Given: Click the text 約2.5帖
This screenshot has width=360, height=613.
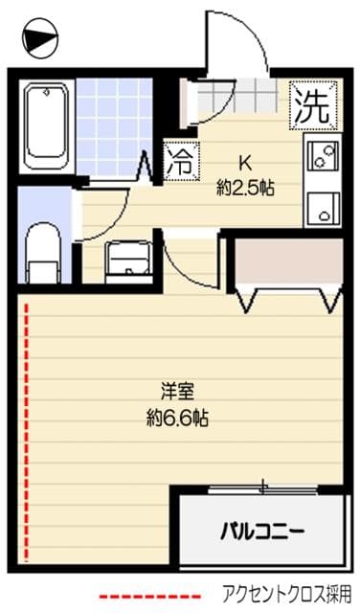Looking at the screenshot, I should [x=244, y=188].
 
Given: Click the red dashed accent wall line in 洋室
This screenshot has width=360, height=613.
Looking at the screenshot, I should [x=27, y=431].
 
